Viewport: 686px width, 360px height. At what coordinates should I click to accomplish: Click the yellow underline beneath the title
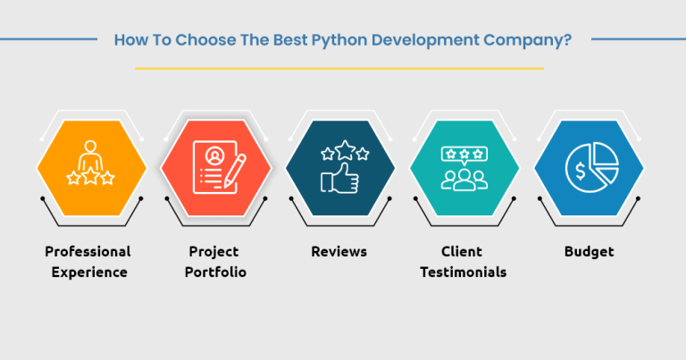click(x=339, y=68)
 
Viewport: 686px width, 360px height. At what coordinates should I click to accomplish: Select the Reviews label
click(x=339, y=252)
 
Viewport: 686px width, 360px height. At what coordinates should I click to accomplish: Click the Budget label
click(x=589, y=252)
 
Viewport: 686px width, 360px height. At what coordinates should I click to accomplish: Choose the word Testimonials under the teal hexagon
click(x=463, y=272)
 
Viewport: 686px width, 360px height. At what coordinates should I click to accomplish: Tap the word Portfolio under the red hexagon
click(x=215, y=272)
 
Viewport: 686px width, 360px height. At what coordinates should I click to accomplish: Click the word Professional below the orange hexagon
click(x=88, y=252)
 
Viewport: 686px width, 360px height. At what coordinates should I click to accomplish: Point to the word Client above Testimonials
click(x=463, y=252)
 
